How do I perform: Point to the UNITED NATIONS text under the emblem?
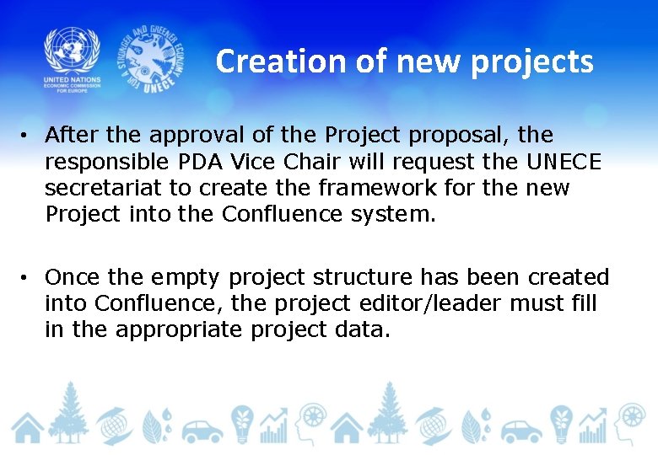72,79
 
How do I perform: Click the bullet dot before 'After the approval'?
28,135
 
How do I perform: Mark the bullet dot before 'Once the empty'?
28,277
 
